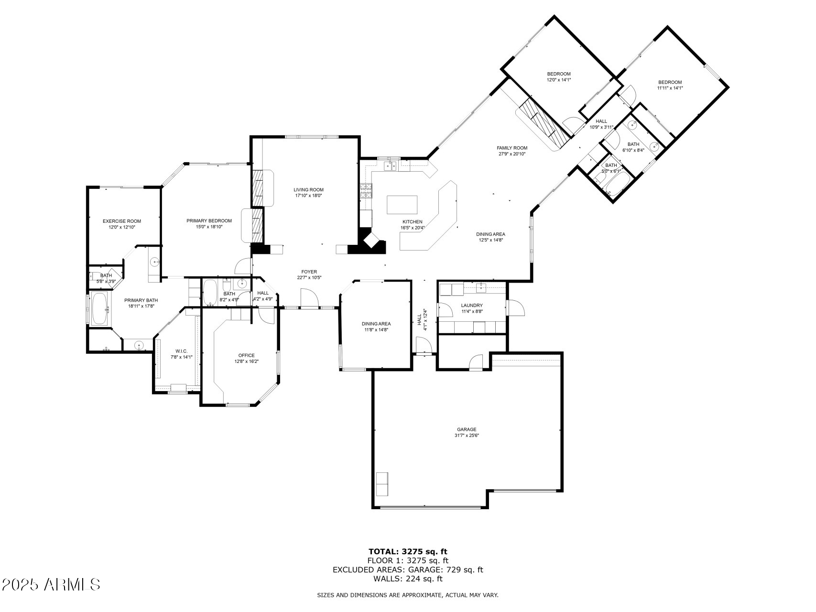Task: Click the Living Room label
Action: coord(309,190)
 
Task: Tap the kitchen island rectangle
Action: coord(402,204)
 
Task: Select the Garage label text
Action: coord(467,429)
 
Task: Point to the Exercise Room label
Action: coord(122,221)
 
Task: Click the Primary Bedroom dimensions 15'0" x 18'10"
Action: coord(209,227)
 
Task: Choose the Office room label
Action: coord(246,355)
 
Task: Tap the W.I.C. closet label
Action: coord(182,351)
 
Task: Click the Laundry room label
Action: coord(472,306)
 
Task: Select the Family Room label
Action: coord(512,148)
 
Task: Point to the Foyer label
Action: coord(309,272)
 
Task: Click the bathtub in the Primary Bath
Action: coord(100,309)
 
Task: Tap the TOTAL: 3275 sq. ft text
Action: coord(408,551)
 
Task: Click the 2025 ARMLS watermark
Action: coord(51,584)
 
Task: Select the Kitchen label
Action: coord(412,222)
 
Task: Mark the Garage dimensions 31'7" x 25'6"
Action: coord(467,436)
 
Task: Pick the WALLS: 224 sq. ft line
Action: coord(408,579)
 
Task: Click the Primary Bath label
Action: coord(141,300)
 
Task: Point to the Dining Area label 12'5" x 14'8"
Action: coord(490,240)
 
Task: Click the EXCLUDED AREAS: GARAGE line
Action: coord(408,569)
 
